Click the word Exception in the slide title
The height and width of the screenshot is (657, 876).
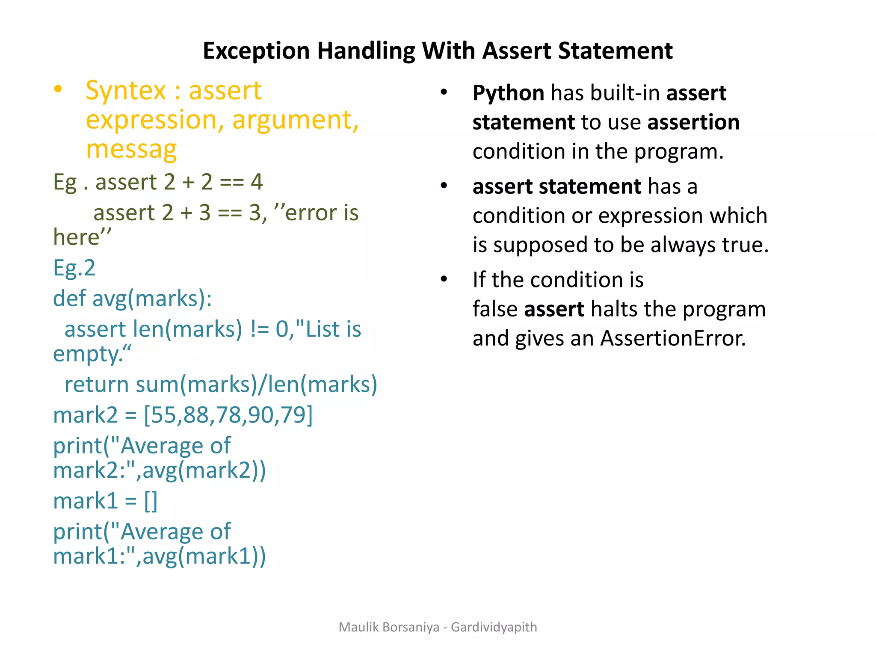pyautogui.click(x=256, y=51)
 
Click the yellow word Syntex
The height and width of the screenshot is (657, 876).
pyautogui.click(x=125, y=91)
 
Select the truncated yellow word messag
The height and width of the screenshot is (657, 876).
pyautogui.click(x=131, y=149)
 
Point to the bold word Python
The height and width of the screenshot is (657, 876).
pyautogui.click(x=508, y=93)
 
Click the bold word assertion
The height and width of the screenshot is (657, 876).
pyautogui.click(x=693, y=122)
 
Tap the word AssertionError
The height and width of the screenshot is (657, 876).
pyautogui.click(x=673, y=338)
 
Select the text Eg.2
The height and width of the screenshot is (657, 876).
pyautogui.click(x=74, y=268)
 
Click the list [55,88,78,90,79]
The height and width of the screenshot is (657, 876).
pyautogui.click(x=228, y=415)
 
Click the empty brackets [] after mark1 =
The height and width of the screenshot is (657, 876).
pyautogui.click(x=151, y=501)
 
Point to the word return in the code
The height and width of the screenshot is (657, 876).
pyautogui.click(x=96, y=384)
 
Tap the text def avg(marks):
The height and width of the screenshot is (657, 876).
pyautogui.click(x=132, y=299)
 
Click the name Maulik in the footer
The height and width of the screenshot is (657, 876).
pyautogui.click(x=358, y=627)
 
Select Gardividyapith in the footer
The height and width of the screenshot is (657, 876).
pyautogui.click(x=494, y=627)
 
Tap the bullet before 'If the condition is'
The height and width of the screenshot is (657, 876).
pyautogui.click(x=444, y=279)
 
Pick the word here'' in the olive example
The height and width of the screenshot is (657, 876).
pyautogui.click(x=82, y=237)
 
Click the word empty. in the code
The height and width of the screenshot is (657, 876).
pyautogui.click(x=92, y=354)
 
